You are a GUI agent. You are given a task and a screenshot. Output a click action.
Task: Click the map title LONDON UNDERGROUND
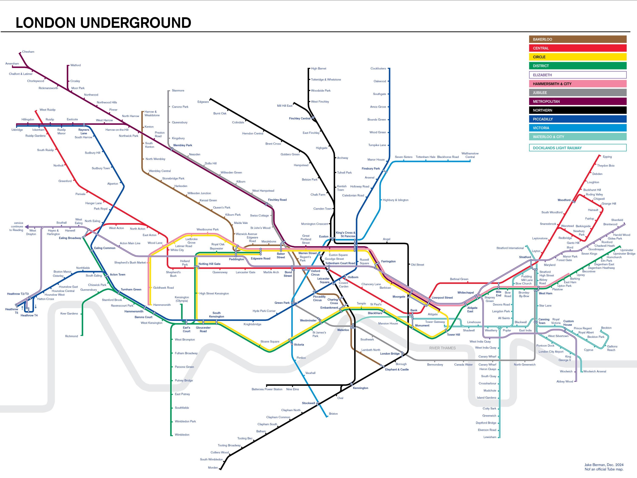[103, 23]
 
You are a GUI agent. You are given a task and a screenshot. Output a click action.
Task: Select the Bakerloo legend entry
[577, 39]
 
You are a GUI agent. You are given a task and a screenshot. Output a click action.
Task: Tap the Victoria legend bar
[577, 128]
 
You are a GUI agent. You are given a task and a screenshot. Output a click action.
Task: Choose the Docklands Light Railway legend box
[577, 148]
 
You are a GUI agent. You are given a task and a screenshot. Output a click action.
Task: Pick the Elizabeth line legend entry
[577, 75]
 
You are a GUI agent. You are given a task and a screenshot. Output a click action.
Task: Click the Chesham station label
[28, 52]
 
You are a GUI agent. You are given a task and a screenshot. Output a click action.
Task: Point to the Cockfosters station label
[378, 69]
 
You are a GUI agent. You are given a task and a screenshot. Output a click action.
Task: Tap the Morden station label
[213, 468]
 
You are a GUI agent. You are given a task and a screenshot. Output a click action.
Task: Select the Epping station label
[607, 157]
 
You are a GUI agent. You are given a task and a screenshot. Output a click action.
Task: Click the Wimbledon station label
[182, 434]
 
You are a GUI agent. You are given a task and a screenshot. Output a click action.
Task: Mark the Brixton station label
[333, 414]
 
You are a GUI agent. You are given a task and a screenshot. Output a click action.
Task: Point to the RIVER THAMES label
[442, 348]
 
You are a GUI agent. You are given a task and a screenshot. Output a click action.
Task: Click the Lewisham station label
[490, 437]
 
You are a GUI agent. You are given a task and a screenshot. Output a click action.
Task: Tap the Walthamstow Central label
[470, 155]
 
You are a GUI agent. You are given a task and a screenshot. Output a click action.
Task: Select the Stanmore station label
[178, 91]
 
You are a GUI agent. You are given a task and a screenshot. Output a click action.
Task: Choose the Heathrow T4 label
[29, 315]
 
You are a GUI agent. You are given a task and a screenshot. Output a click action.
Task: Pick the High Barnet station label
[318, 69]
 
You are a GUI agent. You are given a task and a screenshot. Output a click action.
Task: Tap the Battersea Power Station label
[267, 389]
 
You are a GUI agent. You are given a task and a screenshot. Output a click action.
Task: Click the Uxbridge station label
[17, 130]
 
